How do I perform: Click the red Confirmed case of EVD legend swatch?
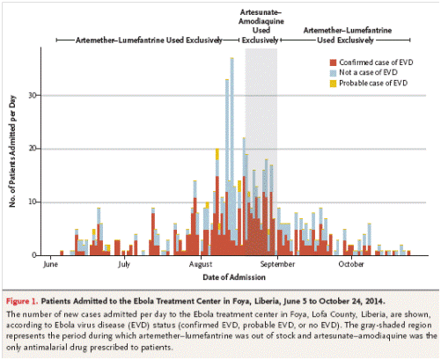point(333,62)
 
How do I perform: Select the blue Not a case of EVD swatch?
point(333,73)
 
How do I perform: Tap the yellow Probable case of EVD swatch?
point(333,84)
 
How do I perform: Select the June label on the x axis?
point(51,264)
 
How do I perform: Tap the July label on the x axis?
point(124,264)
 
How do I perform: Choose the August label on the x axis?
point(201,264)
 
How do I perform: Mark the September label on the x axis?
point(277,264)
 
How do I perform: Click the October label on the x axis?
point(351,264)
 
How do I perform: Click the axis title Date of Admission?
point(234,277)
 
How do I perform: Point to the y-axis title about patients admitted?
point(12,151)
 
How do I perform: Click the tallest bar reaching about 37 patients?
point(232,157)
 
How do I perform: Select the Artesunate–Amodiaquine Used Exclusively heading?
point(261,26)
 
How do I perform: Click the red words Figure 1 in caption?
point(22,301)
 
